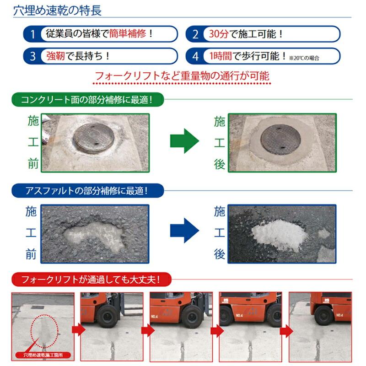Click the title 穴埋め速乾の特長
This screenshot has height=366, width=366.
pos(57,10)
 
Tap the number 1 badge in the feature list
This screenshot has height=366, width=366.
pos(32,34)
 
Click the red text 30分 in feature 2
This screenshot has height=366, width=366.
pos(217,34)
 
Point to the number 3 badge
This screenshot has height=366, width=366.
pos(32,56)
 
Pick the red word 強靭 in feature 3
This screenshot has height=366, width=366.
pos(56,56)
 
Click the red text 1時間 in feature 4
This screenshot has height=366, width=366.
pos(220,56)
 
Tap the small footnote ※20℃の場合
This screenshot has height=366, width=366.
pos(303,58)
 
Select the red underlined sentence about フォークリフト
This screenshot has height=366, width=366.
pos(182,75)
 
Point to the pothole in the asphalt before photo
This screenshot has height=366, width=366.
pos(94,234)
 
